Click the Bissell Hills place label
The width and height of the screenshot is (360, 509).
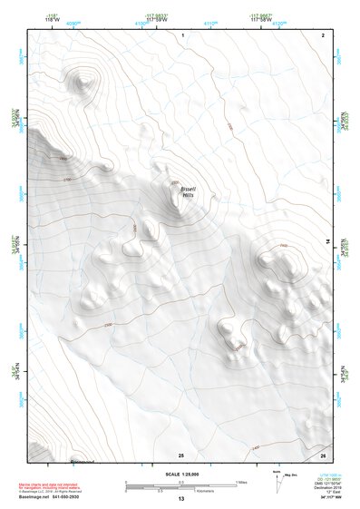[x=188, y=191]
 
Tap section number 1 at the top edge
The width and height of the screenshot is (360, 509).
[x=182, y=34]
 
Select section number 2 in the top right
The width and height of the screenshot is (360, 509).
[x=324, y=34]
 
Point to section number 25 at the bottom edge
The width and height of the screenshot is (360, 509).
[x=181, y=455]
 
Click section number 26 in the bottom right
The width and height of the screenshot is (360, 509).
[x=324, y=455]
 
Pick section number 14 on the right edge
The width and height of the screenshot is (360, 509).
[x=328, y=240]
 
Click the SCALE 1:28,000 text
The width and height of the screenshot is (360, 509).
[x=181, y=474]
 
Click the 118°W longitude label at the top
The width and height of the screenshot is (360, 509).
[x=40, y=19]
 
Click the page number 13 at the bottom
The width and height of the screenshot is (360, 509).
[x=181, y=500]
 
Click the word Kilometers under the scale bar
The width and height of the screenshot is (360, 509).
[x=190, y=490]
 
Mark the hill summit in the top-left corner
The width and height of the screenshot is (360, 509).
[x=83, y=82]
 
